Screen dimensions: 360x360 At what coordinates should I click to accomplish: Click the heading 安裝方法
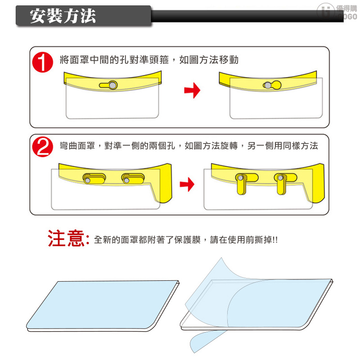click(x=63, y=16)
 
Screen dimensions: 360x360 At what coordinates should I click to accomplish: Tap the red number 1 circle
click(x=42, y=62)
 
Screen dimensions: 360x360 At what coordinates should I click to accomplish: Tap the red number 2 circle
click(x=42, y=147)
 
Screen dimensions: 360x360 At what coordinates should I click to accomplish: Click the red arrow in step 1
click(x=192, y=90)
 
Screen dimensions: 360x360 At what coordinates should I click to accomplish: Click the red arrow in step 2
click(x=187, y=184)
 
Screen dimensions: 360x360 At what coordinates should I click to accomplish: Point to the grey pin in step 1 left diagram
click(x=112, y=85)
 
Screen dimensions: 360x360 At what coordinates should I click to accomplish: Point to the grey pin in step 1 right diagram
click(x=268, y=85)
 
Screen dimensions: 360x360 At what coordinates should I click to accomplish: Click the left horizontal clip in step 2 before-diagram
click(x=94, y=178)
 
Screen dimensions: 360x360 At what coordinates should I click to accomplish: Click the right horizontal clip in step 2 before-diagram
click(x=133, y=178)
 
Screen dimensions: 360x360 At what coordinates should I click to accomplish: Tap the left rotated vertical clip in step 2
click(x=242, y=184)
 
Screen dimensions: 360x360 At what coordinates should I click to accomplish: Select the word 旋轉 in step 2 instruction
click(x=229, y=145)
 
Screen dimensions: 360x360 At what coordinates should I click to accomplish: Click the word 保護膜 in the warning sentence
click(x=188, y=240)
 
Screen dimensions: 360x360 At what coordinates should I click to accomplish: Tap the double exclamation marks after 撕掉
click(x=275, y=240)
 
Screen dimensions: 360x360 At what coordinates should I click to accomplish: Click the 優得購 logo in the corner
click(x=337, y=12)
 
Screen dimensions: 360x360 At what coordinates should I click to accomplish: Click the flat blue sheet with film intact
click(x=103, y=306)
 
